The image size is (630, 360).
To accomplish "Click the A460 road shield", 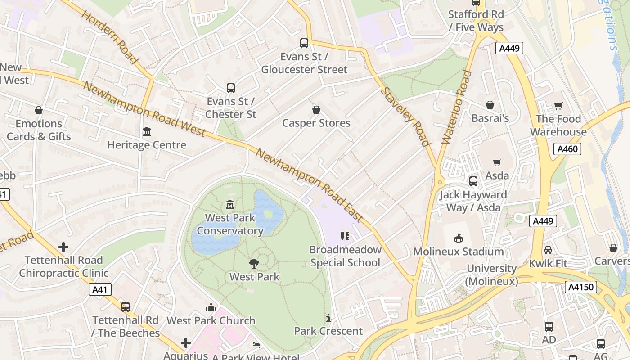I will [x=567, y=149].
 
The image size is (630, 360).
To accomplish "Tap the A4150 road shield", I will [x=581, y=287].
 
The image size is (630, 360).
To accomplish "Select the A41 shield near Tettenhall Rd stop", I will [x=99, y=289].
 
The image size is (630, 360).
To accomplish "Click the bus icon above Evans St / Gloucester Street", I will [x=304, y=43].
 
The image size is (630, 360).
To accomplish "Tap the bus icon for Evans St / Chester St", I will [x=231, y=88].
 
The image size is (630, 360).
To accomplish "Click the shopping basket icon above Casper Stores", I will [x=316, y=110].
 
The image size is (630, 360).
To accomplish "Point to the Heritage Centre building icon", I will [x=147, y=132].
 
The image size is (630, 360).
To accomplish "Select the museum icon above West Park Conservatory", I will [x=230, y=205].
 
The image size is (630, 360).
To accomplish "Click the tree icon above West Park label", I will [x=254, y=264].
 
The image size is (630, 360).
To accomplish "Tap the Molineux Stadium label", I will [x=458, y=252].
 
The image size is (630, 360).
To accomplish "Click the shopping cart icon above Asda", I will [x=497, y=162].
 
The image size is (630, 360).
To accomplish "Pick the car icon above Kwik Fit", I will [x=548, y=250].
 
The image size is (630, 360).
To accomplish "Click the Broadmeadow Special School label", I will [x=345, y=256].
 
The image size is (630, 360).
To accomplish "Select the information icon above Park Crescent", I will [x=328, y=318].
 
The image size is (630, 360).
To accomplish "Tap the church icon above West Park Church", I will [x=211, y=307].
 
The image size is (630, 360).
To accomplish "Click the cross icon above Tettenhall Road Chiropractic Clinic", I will [x=63, y=247].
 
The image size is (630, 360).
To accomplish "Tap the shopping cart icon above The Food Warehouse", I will [x=558, y=106].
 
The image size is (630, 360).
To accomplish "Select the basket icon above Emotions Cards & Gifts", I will [x=39, y=110].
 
